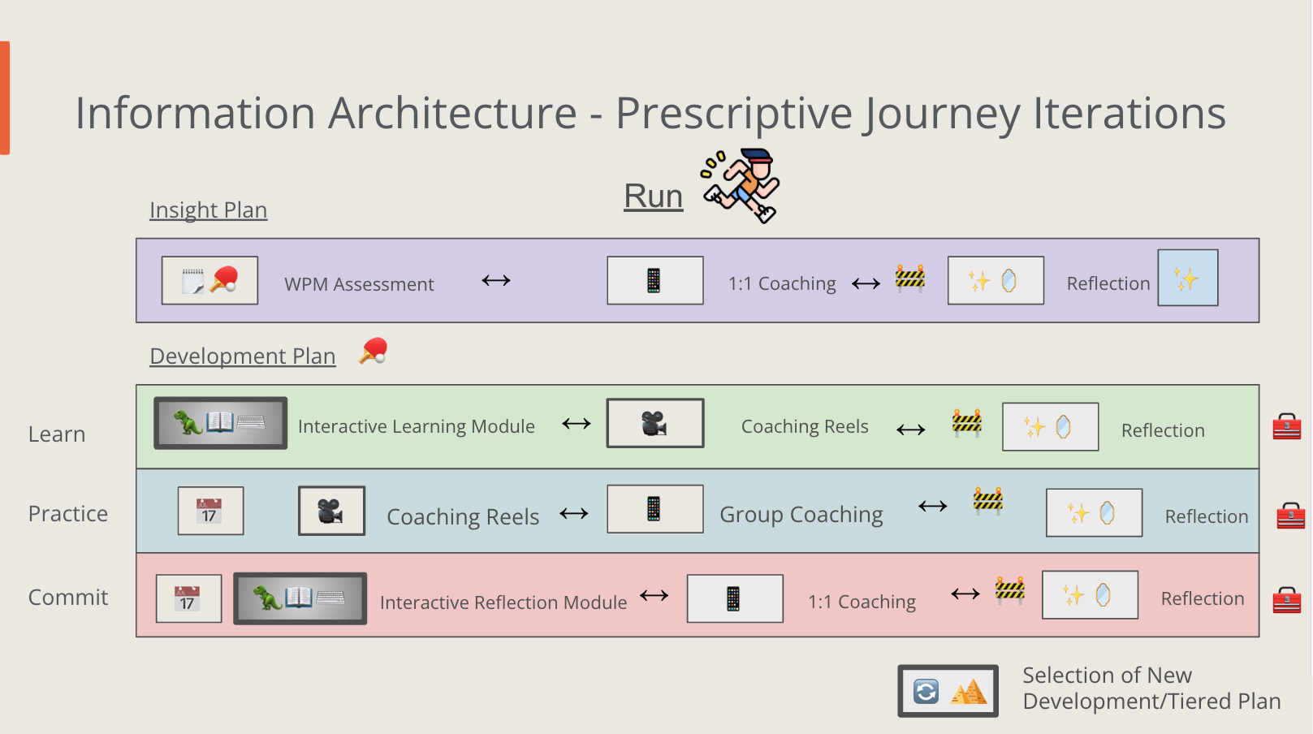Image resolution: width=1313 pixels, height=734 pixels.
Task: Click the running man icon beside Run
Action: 741,185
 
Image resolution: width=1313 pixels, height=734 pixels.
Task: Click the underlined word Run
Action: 653,196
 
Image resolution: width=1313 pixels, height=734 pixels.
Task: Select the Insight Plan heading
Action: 208,210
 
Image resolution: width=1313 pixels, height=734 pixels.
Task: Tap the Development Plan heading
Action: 242,356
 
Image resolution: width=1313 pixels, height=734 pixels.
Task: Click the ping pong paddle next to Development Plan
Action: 374,351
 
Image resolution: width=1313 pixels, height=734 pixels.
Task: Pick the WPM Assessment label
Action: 359,284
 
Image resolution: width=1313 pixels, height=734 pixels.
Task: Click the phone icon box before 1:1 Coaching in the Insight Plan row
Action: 654,281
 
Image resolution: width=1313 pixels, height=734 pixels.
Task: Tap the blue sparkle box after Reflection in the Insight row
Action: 1187,278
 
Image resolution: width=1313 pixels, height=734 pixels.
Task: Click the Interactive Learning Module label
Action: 416,426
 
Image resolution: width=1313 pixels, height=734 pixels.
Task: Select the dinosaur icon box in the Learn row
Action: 220,423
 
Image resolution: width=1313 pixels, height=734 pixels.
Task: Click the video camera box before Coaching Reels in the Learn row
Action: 654,423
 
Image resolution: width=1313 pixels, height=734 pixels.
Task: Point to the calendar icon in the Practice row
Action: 210,511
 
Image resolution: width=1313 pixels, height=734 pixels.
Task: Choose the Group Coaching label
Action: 801,515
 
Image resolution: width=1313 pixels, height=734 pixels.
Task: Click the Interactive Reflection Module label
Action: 503,602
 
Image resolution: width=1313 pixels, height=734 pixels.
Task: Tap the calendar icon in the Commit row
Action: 188,598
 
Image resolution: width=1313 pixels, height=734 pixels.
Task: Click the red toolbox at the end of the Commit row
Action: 1286,600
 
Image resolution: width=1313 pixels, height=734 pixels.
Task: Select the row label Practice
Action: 68,514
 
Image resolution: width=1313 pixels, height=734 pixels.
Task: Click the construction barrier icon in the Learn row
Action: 966,423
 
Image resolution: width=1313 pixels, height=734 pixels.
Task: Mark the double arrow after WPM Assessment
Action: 495,281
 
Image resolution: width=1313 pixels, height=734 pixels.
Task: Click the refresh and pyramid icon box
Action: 948,691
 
